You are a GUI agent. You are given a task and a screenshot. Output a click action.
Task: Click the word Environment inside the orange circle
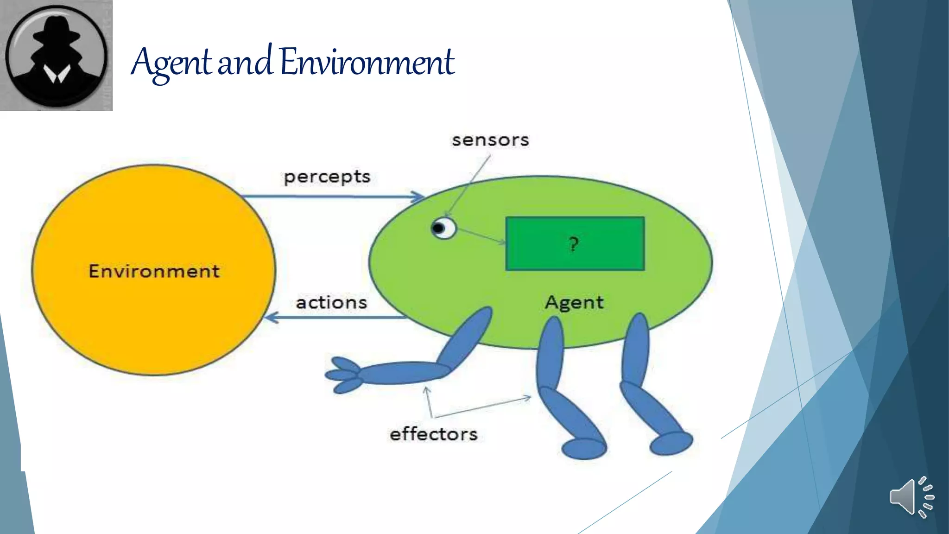[154, 271]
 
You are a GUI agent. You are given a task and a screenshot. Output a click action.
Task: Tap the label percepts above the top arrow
[327, 177]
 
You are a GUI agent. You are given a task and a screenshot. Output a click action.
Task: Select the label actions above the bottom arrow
[331, 303]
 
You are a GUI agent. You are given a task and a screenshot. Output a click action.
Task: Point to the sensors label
[490, 140]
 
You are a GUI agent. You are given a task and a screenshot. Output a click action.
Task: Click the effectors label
[433, 434]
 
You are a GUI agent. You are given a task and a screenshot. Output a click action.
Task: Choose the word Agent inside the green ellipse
[574, 303]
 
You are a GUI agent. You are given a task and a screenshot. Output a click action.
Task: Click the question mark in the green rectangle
[574, 243]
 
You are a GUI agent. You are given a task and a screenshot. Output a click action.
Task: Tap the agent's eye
[443, 228]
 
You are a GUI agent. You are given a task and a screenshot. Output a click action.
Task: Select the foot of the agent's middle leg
[584, 448]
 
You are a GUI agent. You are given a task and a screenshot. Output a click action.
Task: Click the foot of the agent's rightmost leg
[671, 443]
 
